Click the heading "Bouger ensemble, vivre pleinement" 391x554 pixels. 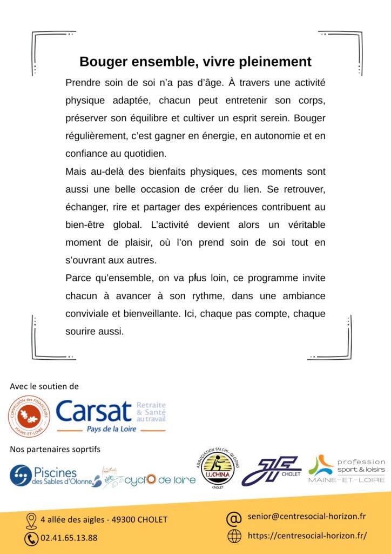tap(195, 62)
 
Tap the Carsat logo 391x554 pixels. tap(110, 415)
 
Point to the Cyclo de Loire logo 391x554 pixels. tap(149, 479)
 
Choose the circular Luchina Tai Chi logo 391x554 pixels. tap(217, 467)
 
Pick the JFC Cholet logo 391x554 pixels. tap(270, 470)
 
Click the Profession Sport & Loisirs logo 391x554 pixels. tap(346, 469)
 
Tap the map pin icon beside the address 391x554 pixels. tap(31, 520)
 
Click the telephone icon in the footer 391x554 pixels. tap(31, 538)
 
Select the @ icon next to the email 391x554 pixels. tap(233, 518)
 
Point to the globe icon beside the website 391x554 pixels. tap(234, 536)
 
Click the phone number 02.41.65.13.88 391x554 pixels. tap(70, 538)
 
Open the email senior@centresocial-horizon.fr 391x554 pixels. tap(306, 517)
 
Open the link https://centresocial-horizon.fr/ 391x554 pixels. tap(307, 536)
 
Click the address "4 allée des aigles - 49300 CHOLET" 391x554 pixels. tap(104, 520)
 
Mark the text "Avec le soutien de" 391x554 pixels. tap(44, 387)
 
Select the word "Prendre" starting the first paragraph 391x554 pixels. tap(82, 83)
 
